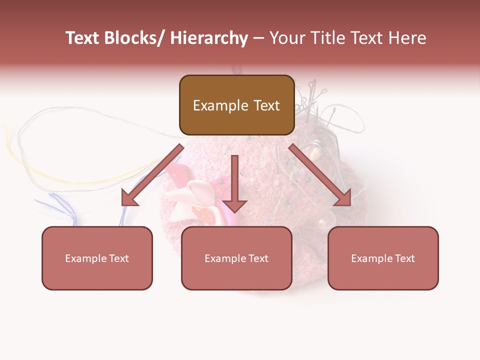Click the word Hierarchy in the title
coord(209,38)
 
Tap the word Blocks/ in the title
coord(136,38)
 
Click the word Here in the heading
coord(406,38)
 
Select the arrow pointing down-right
coord(320,175)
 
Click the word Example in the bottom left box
coord(86,258)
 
